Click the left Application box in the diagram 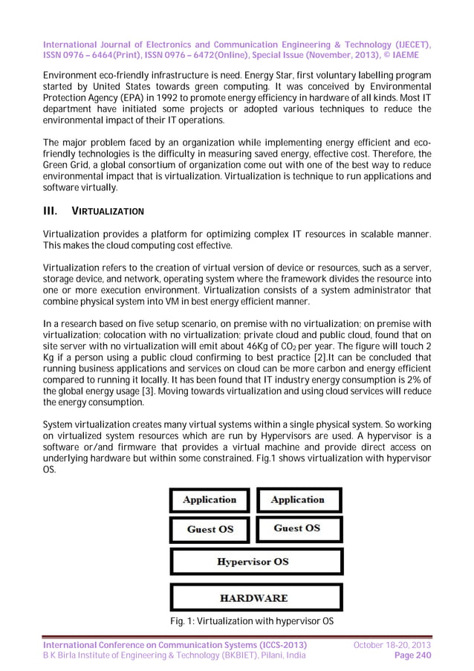(210, 500)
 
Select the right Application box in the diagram (298, 500)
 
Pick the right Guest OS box (298, 528)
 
